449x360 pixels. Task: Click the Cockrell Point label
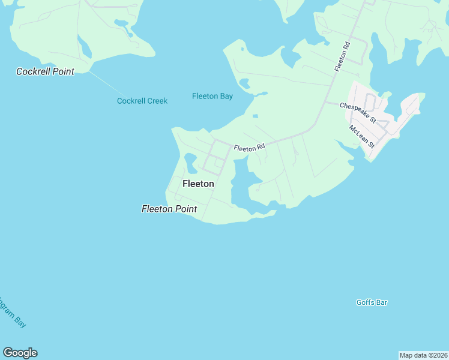(x=45, y=71)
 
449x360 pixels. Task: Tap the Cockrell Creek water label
(x=142, y=101)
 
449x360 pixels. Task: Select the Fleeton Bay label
(x=212, y=96)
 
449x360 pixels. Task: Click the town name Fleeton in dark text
(x=197, y=184)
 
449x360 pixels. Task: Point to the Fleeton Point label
(x=169, y=209)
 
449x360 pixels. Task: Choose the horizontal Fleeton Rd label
(x=249, y=148)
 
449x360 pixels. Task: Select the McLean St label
(x=362, y=136)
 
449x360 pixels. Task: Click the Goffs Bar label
(x=372, y=302)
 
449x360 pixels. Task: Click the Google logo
(x=20, y=353)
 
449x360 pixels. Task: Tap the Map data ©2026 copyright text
(x=423, y=355)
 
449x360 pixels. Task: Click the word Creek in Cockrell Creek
(x=156, y=101)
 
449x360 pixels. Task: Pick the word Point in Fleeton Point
(x=185, y=209)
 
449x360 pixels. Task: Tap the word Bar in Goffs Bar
(x=381, y=302)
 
